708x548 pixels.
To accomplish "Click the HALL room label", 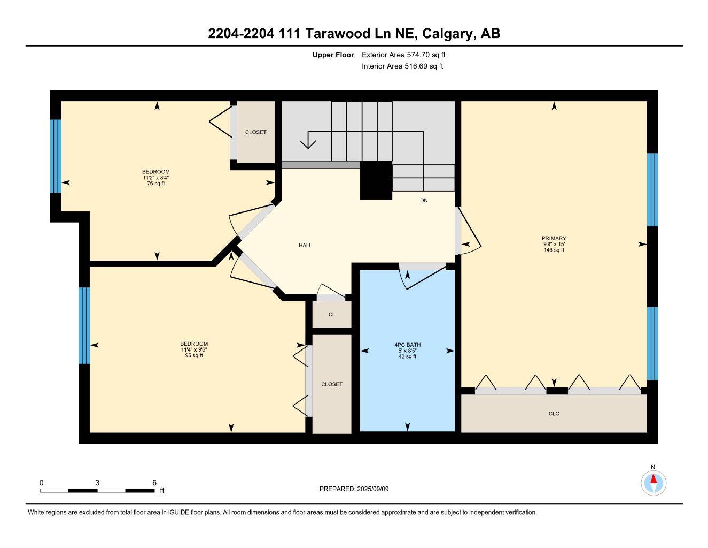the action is (305, 245).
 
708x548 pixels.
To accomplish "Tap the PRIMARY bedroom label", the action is (554, 239).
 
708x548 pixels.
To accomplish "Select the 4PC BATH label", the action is (407, 345).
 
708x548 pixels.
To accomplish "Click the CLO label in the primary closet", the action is (554, 414).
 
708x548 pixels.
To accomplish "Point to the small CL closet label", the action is (332, 315).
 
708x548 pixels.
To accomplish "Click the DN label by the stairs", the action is (424, 200).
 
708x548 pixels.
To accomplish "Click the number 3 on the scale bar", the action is (97, 483).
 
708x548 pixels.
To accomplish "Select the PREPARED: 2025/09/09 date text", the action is (354, 489).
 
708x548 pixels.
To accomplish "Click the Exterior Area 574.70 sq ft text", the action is (403, 55).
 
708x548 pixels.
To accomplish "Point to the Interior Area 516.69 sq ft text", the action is (402, 66).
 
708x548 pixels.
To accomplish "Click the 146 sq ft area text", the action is (554, 250).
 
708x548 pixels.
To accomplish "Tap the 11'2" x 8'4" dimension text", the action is (155, 178).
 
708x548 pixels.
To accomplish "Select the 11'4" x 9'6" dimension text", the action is (194, 349).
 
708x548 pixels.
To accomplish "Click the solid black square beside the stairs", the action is (376, 180).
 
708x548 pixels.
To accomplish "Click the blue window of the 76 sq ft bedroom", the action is (56, 156).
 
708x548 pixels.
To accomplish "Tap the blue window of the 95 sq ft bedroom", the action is (84, 325).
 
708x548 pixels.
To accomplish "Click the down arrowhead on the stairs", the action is (308, 144).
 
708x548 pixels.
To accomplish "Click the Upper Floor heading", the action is (333, 55).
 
